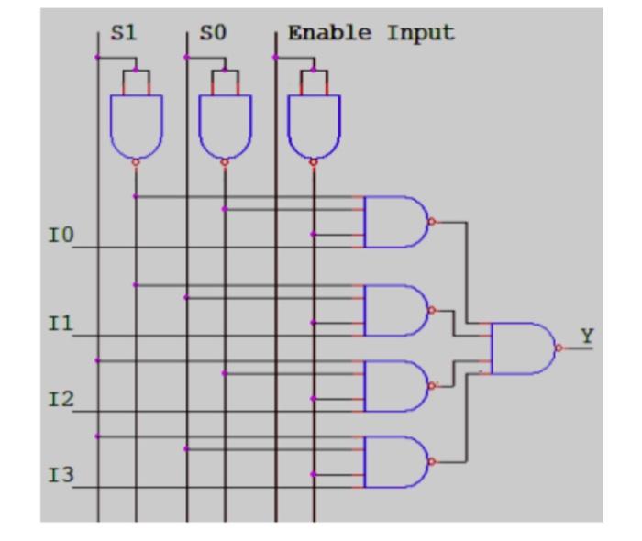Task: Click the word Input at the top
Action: (x=421, y=34)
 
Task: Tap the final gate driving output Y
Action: (x=522, y=348)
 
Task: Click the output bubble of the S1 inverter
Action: (x=136, y=162)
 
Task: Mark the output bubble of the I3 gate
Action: (x=431, y=461)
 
